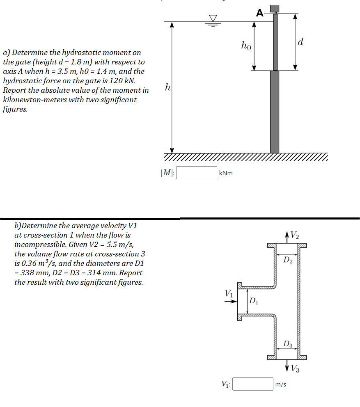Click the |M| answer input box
coord(197,173)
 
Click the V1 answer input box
coord(253,384)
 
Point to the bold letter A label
coord(259,13)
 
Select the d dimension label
coord(301,42)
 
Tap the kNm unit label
coord(226,173)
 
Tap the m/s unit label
coord(281,384)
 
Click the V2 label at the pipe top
coord(294,236)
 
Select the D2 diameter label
coord(288,259)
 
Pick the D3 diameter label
coord(288,344)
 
